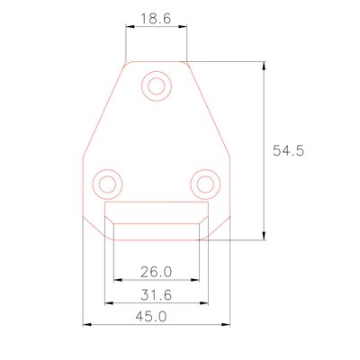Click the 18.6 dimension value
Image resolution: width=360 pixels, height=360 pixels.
pos(156,19)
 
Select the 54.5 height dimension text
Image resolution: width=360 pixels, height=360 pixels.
pos(289,150)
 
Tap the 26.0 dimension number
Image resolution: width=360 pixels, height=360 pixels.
pos(157,272)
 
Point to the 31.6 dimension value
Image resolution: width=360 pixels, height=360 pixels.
pos(157,295)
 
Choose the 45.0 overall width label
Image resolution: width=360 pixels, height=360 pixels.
pos(151,317)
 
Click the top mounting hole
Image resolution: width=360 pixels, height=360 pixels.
pos(157,86)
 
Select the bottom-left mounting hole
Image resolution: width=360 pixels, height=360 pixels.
pos(107,184)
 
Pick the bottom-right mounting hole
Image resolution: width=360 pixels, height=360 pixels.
pos(205,184)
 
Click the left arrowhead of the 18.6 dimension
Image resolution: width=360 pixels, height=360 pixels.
pos(130,27)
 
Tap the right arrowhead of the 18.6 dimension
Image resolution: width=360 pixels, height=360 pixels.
pos(183,27)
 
